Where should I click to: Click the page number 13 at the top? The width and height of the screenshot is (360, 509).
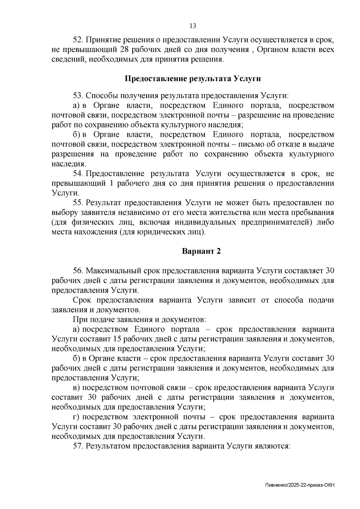pos(193,26)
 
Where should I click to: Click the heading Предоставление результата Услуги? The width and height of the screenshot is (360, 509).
pos(193,79)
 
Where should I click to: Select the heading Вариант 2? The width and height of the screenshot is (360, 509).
pos(201,251)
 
